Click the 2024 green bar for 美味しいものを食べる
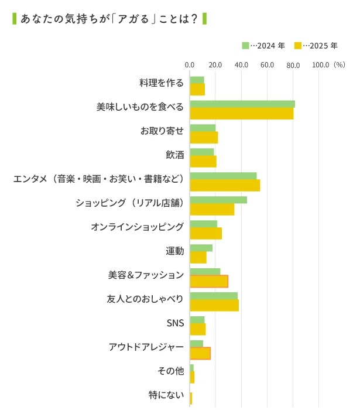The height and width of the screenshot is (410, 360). click(x=242, y=104)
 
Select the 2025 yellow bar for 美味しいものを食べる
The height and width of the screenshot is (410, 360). click(x=241, y=114)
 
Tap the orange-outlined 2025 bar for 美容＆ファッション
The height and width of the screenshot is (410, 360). click(x=209, y=281)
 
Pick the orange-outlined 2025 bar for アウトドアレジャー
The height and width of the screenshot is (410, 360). click(x=200, y=353)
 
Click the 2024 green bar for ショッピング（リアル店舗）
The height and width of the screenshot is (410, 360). click(x=218, y=200)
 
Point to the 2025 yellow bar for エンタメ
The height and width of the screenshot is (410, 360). click(x=225, y=186)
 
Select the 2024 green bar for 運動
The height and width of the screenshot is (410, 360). click(x=201, y=248)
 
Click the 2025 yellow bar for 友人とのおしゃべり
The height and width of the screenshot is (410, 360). click(x=214, y=305)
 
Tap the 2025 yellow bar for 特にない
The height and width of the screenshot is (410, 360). click(x=191, y=399)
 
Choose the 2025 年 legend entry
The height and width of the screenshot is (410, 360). click(x=316, y=45)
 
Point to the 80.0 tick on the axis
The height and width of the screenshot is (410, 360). click(x=293, y=65)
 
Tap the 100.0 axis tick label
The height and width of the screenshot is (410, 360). click(x=321, y=65)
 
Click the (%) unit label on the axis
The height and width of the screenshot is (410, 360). click(x=340, y=65)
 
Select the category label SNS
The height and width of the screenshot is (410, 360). click(x=176, y=323)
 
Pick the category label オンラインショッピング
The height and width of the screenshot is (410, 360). click(x=138, y=227)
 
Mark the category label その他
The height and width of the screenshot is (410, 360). click(x=171, y=371)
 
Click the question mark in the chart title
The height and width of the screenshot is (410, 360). click(x=193, y=19)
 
